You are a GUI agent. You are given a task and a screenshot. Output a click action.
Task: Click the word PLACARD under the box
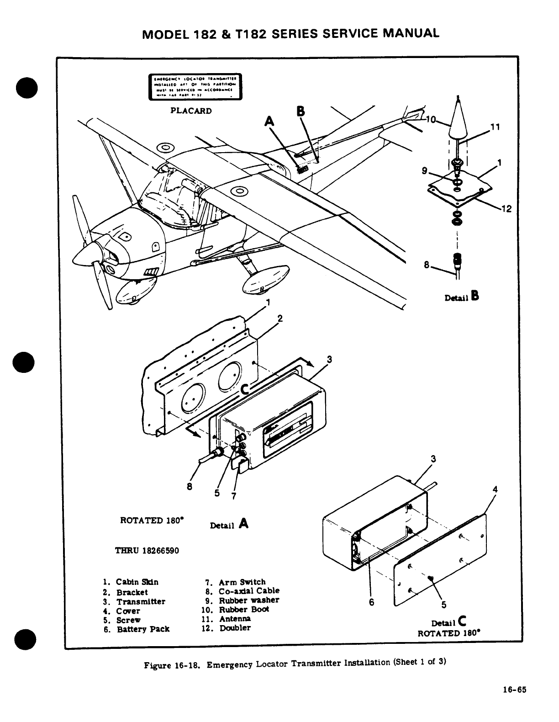click(x=191, y=111)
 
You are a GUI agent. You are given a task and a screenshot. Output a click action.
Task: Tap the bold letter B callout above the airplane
click(x=300, y=111)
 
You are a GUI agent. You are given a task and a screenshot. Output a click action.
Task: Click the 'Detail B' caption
click(x=461, y=297)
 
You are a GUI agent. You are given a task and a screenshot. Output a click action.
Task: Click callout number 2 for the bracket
click(x=280, y=319)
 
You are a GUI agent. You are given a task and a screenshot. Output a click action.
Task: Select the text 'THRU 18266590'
click(x=147, y=550)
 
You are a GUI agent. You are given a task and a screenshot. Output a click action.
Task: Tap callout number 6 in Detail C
click(x=371, y=602)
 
